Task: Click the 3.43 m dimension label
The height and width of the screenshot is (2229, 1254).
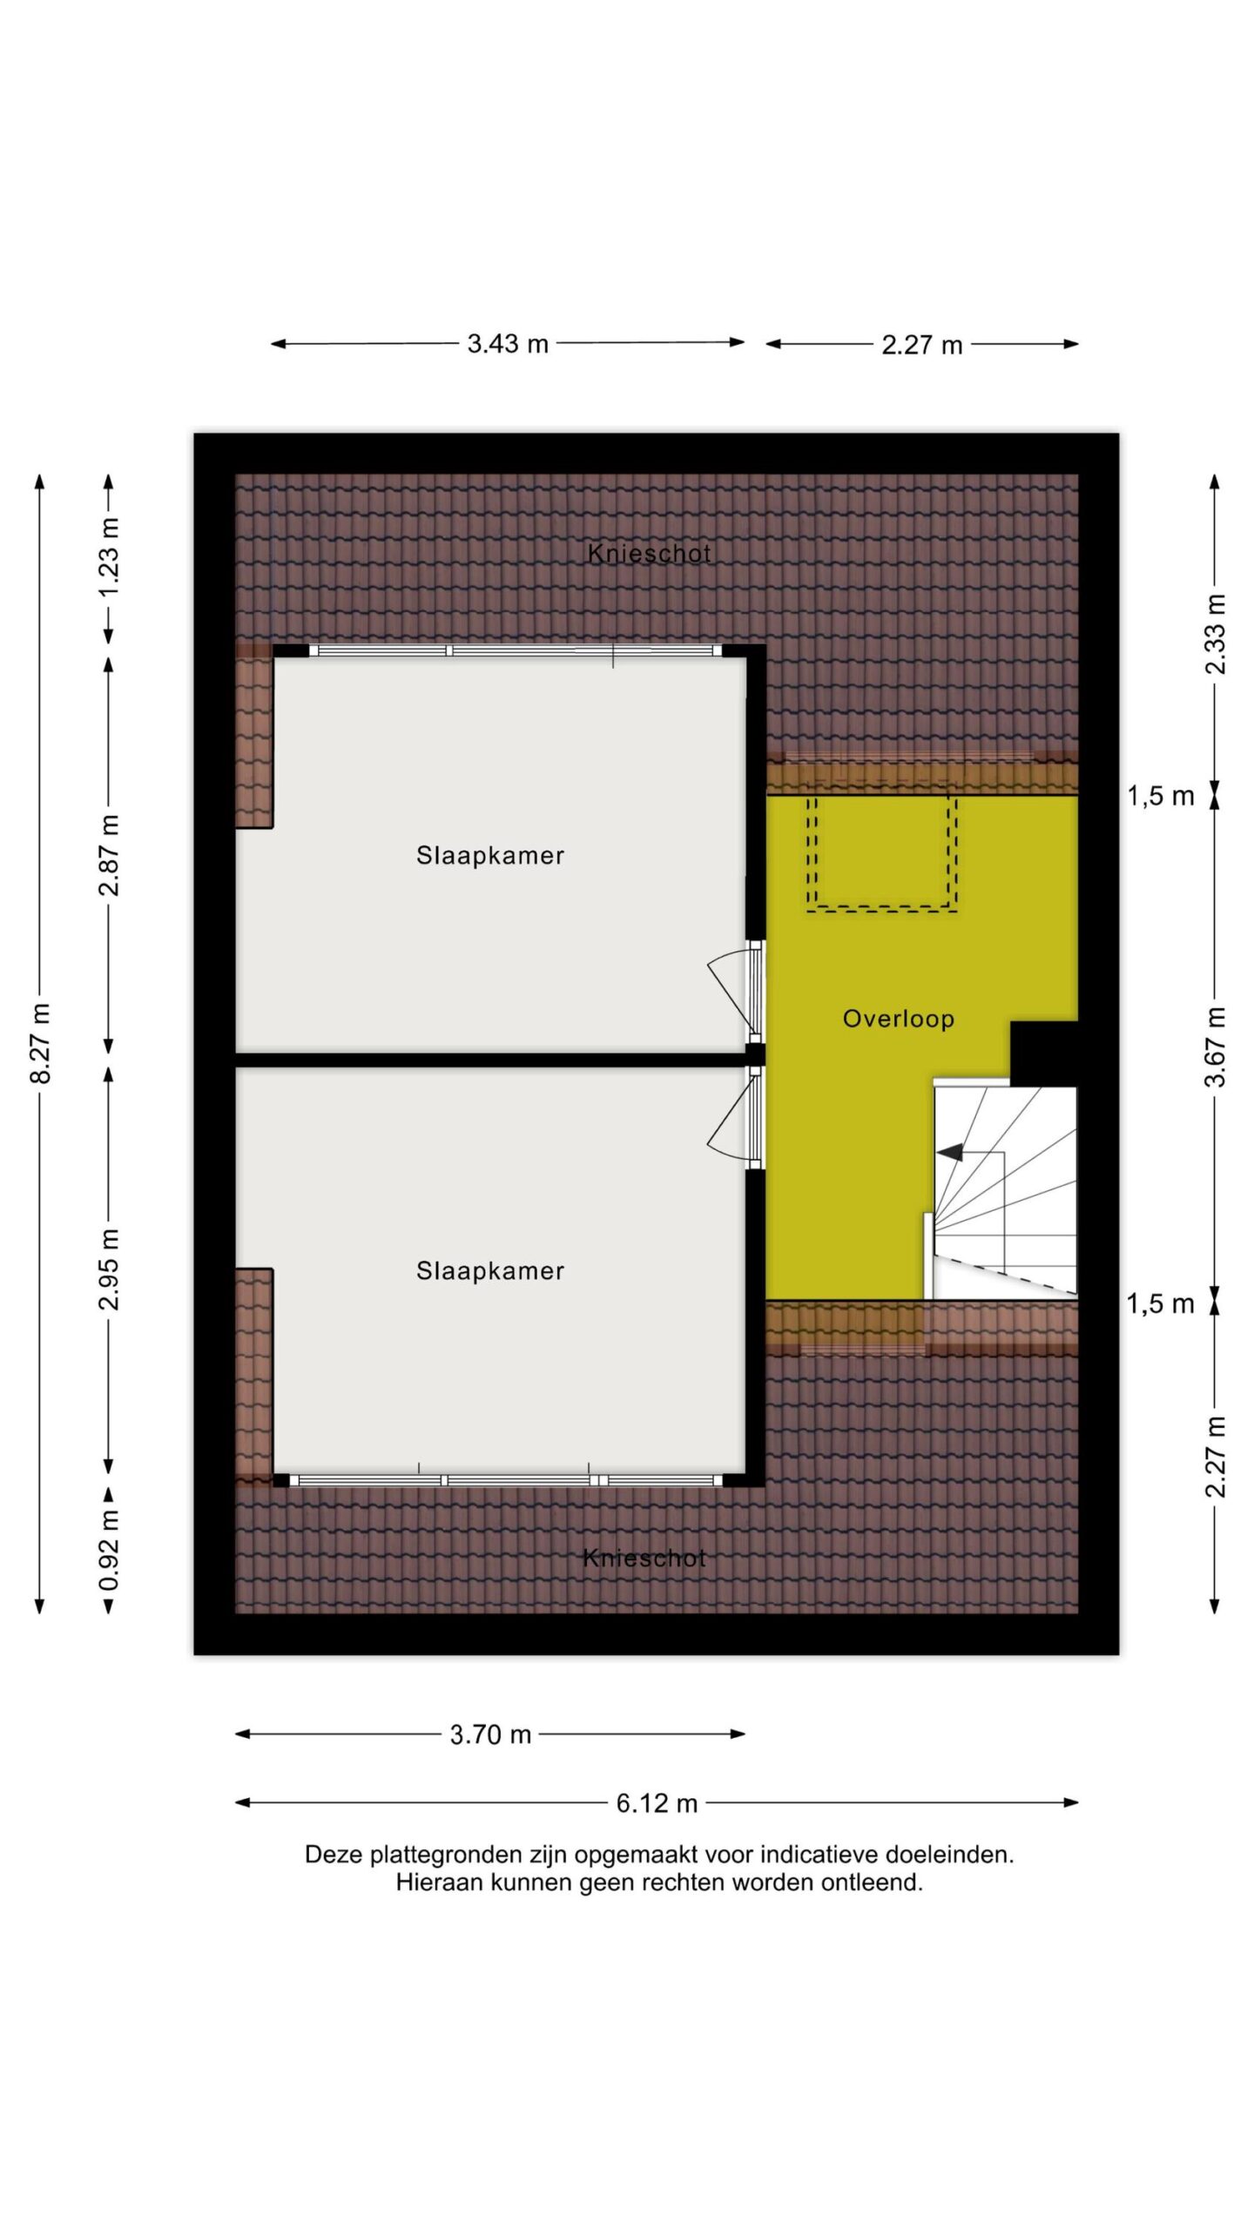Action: pyautogui.click(x=508, y=344)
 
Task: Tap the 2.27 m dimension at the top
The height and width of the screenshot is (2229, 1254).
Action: pyautogui.click(x=921, y=346)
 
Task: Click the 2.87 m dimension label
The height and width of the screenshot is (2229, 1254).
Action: pyautogui.click(x=109, y=856)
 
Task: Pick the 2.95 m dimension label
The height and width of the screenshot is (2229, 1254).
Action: pyautogui.click(x=109, y=1269)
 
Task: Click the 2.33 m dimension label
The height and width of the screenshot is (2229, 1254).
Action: pyautogui.click(x=1216, y=634)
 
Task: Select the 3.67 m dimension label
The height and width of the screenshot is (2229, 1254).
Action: pyautogui.click(x=1216, y=1047)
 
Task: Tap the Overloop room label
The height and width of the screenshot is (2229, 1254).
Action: pyautogui.click(x=898, y=1018)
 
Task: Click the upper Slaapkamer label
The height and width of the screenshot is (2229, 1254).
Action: pyautogui.click(x=490, y=855)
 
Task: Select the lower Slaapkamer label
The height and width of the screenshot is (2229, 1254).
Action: pyautogui.click(x=490, y=1270)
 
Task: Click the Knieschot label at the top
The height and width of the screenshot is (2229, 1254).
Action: pyautogui.click(x=650, y=553)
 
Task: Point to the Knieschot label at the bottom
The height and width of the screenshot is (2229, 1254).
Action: pyautogui.click(x=644, y=1558)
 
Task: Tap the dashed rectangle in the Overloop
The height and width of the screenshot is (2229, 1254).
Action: pyautogui.click(x=882, y=853)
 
